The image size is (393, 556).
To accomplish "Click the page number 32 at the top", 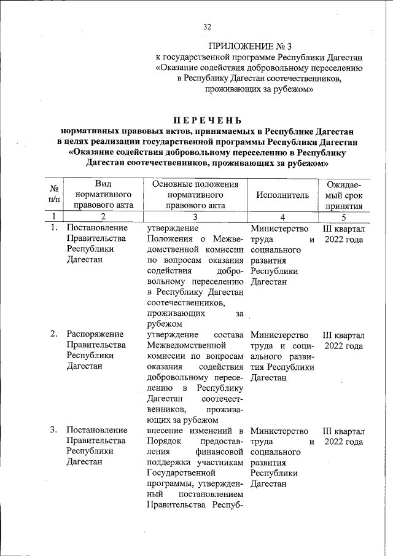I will (x=207, y=26).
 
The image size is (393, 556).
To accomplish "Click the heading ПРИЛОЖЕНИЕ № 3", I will (x=250, y=46).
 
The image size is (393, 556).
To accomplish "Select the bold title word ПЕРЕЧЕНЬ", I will (x=207, y=120).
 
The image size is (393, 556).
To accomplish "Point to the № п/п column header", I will (x=54, y=195).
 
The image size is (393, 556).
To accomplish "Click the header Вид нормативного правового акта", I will (x=103, y=195).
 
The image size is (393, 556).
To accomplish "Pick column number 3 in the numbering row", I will (x=195, y=216).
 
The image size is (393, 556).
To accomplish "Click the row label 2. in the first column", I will (x=54, y=334).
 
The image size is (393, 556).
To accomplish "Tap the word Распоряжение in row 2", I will (x=95, y=334).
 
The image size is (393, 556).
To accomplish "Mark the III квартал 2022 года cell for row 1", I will (x=344, y=233).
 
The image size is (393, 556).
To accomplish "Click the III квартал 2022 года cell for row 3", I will (x=344, y=436).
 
